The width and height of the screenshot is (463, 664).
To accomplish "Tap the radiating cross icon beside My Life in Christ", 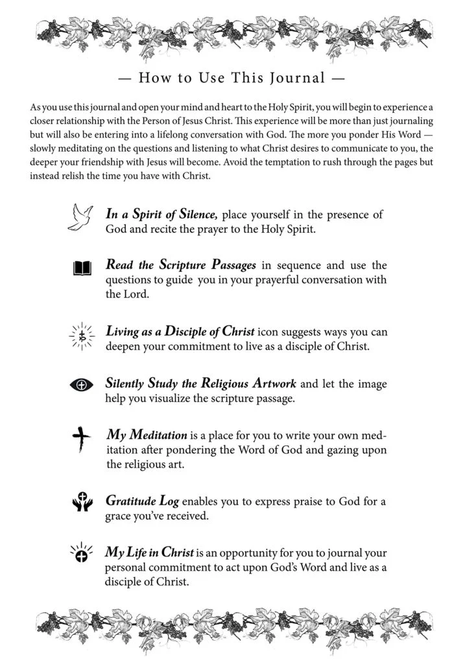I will click(x=81, y=554).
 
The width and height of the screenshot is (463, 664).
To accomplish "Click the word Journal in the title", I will click(x=297, y=78).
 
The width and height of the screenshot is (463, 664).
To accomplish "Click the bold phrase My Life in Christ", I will click(x=149, y=552).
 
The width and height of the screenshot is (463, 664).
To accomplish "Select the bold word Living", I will click(x=122, y=331).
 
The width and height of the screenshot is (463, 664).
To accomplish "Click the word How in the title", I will click(x=152, y=78).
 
